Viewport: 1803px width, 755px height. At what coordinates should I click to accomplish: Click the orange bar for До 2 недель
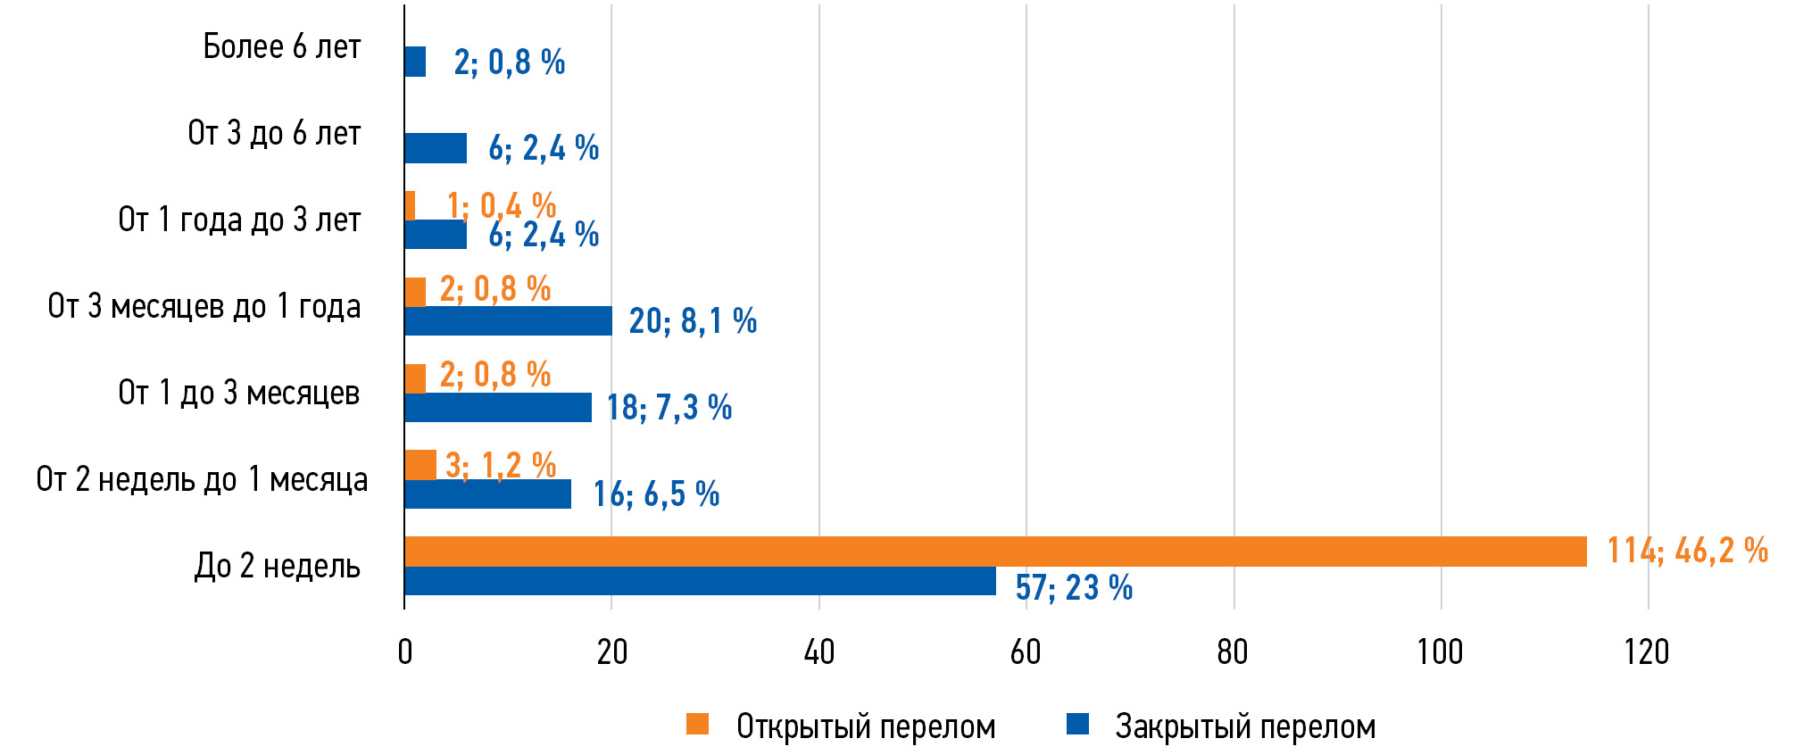(x=995, y=552)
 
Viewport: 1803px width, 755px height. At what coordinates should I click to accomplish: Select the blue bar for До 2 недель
(x=700, y=581)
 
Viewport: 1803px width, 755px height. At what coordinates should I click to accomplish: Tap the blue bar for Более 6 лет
(x=415, y=62)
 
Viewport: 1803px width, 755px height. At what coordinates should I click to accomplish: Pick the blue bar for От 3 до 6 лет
(x=436, y=148)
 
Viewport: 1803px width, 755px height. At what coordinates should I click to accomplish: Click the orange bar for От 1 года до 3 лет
(x=410, y=205)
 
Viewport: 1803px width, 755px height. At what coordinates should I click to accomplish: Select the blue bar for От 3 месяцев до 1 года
(x=508, y=320)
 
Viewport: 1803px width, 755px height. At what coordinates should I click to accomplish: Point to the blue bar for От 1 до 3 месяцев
(x=498, y=407)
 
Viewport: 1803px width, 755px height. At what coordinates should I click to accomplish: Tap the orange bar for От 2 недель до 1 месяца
(x=420, y=465)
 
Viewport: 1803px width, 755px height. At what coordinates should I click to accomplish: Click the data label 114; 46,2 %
(x=1687, y=551)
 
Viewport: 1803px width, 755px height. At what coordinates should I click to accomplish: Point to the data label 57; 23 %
(x=1074, y=588)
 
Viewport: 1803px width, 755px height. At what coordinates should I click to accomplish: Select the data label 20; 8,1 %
(x=693, y=321)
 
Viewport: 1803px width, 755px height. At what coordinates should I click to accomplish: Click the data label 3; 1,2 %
(x=501, y=465)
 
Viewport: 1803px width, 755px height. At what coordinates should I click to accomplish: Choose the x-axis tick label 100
(x=1440, y=652)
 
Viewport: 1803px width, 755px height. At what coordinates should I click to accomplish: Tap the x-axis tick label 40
(x=818, y=652)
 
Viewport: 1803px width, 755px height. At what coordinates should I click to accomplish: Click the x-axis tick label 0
(x=405, y=652)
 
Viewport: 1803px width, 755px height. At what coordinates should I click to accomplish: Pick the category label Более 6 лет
(x=282, y=46)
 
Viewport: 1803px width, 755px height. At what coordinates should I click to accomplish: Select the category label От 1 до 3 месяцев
(x=239, y=393)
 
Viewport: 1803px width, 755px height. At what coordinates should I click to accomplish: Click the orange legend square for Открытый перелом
(x=698, y=724)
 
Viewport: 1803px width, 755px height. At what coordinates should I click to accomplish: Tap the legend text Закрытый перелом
(x=1245, y=727)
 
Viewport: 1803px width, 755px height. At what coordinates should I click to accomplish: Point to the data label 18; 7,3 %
(x=669, y=408)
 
